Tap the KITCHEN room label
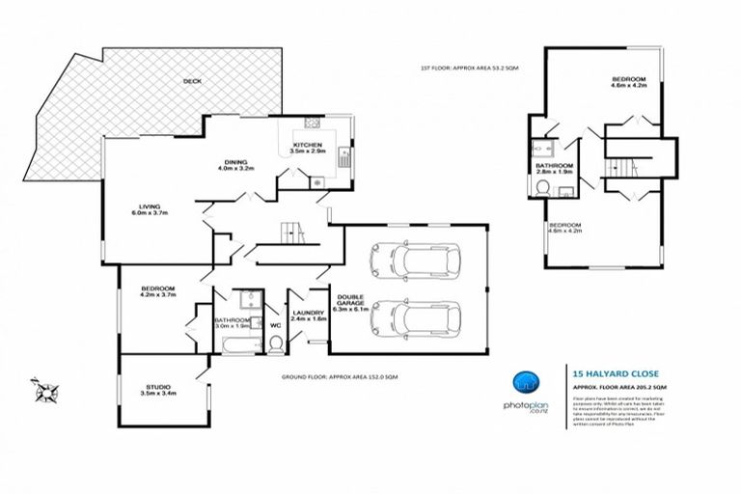(308, 145)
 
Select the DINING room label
(235, 161)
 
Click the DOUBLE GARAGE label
(349, 302)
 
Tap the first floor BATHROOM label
(554, 166)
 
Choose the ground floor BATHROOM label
(233, 320)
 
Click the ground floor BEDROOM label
(157, 289)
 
